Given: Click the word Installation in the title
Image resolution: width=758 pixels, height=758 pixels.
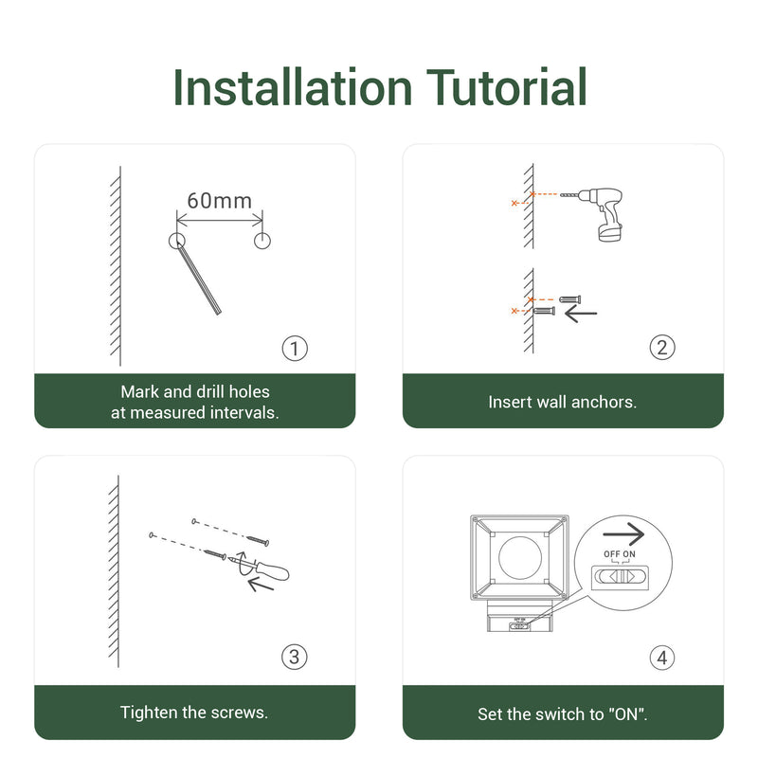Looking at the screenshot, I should pos(292,87).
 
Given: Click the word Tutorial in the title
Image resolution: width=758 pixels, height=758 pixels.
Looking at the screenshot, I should pos(508,87).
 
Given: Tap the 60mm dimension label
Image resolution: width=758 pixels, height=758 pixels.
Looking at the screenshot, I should pos(219,200).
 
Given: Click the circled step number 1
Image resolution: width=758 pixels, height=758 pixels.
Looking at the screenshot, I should pos(295,349).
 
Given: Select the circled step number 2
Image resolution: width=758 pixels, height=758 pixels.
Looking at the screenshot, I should pos(662,348).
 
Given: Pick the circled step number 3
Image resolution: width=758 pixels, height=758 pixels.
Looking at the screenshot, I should pos(295,657).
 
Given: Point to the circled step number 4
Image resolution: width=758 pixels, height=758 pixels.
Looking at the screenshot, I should pos(662,657).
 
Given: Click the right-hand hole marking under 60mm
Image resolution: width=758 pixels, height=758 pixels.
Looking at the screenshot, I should pos(262,241).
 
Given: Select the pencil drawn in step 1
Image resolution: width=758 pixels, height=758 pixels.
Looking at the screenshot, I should pos(202,279).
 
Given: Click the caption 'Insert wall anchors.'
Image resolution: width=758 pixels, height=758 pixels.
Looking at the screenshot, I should pos(562,402).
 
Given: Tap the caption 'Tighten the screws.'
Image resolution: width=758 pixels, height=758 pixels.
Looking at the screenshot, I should pos(194,712).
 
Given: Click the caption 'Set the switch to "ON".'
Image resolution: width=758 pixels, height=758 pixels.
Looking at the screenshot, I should pos(562,713).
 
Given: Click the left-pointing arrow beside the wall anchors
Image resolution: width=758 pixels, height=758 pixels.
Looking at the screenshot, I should pos(581,313).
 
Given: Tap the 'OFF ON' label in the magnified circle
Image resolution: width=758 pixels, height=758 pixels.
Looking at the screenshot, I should pos(621,553).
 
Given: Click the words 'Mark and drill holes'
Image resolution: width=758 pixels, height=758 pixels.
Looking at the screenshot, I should pos(195,391).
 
